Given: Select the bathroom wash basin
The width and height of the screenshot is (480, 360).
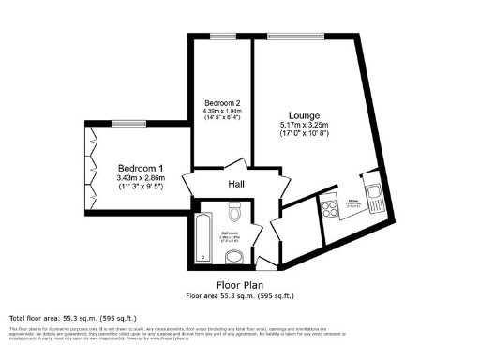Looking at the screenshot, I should (235, 254).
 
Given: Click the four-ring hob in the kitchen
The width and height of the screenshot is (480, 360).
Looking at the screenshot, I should (330, 209).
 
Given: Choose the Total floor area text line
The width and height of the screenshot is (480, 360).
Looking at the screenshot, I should (56, 320).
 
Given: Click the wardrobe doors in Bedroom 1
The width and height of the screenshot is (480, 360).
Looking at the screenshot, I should (92, 169).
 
